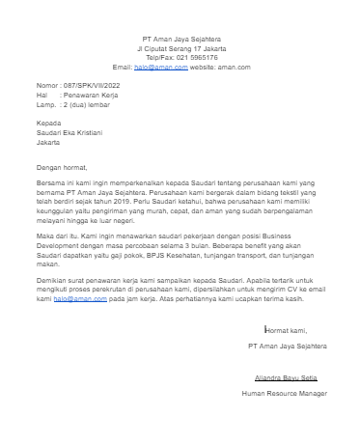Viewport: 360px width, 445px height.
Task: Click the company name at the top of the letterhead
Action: pyautogui.click(x=180, y=38)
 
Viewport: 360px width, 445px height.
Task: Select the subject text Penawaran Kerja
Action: pyautogui.click(x=90, y=96)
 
